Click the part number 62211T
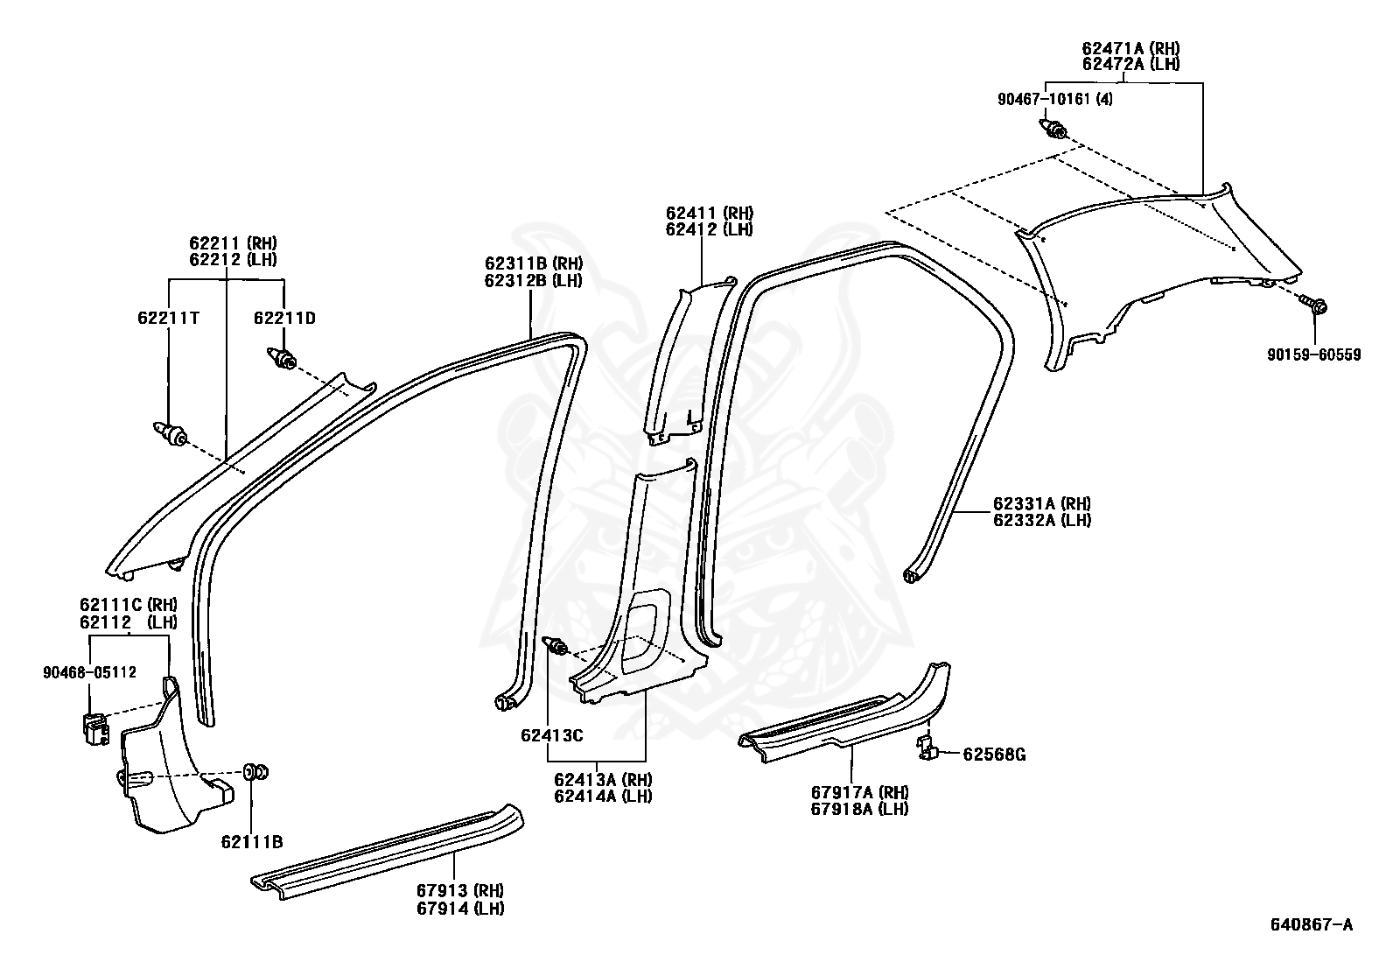tap(168, 318)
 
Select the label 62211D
tap(284, 318)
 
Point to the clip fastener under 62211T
tap(170, 432)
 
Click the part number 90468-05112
tap(89, 672)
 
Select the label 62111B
tap(252, 842)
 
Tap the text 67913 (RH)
tap(460, 890)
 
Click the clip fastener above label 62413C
tap(555, 646)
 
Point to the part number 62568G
tap(994, 754)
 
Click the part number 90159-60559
tap(1313, 355)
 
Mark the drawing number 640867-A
tap(1312, 924)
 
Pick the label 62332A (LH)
tap(1041, 520)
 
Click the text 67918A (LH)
tap(859, 809)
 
